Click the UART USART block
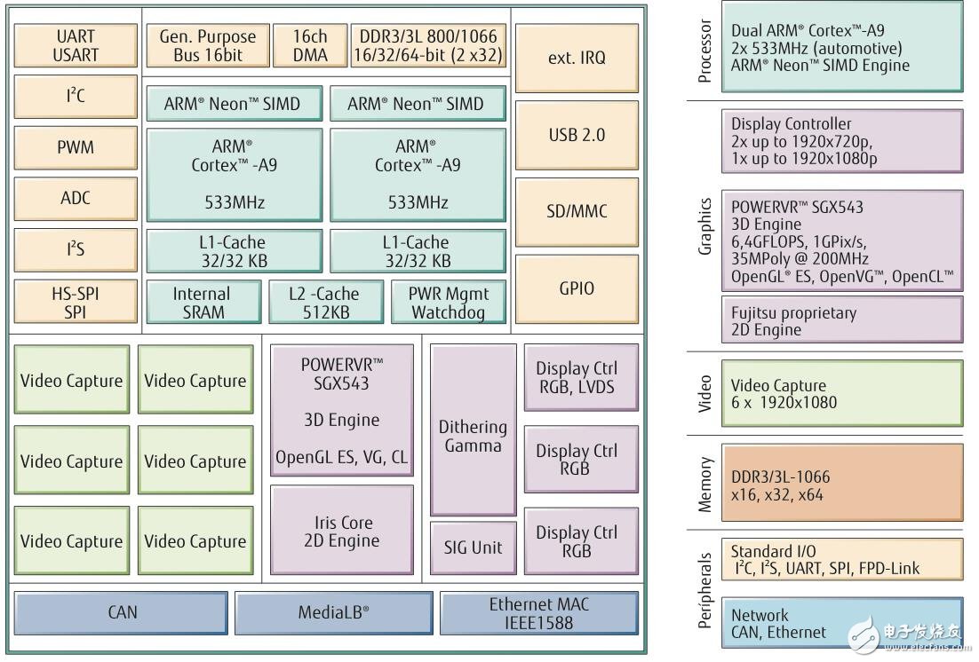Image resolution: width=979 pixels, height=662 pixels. [75, 46]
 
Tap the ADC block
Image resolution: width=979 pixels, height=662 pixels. [75, 197]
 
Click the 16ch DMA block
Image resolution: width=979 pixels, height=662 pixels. [311, 46]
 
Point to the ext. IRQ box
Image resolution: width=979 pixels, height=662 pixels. [576, 58]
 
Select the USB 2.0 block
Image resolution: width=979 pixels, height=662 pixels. [576, 135]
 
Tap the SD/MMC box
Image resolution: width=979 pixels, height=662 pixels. [576, 211]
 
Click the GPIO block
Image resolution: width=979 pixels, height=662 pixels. [576, 288]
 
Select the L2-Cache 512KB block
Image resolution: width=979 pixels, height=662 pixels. [326, 303]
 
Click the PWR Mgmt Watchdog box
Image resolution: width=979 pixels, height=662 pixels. [448, 303]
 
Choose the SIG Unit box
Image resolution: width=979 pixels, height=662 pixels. [473, 548]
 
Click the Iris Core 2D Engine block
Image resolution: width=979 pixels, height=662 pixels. [341, 531]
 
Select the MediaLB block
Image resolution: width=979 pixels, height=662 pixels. [333, 612]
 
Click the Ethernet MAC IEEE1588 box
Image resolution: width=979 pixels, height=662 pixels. [538, 613]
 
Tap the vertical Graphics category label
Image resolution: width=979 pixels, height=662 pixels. [705, 226]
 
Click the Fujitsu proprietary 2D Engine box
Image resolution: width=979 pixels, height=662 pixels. [840, 319]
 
